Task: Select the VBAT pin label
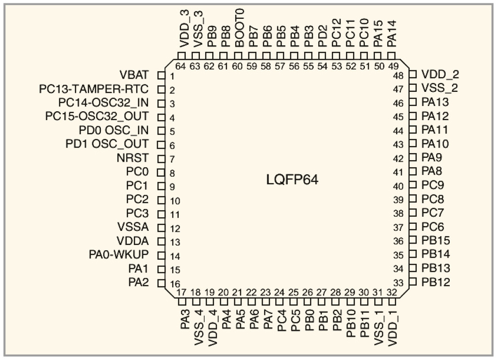point(134,75)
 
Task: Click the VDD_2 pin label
point(440,74)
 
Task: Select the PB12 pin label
point(436,283)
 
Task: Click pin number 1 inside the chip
point(173,76)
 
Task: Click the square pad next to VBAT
point(161,75)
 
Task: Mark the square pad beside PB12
point(413,282)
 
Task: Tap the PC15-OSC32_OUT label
point(96,116)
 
